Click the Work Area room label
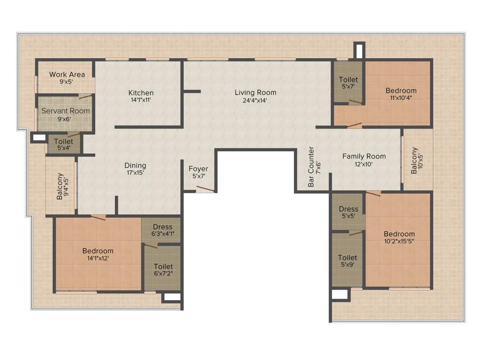tap(67, 74)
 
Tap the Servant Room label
tap(66, 111)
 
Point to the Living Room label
tap(255, 92)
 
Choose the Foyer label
tap(198, 169)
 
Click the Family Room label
tap(364, 156)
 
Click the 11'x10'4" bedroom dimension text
tap(401, 98)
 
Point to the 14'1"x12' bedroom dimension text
tap(98, 258)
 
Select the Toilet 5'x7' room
tap(348, 83)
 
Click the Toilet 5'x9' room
tap(347, 261)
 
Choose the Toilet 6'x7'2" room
tap(163, 270)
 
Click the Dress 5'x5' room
tap(348, 212)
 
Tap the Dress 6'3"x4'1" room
tap(162, 230)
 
